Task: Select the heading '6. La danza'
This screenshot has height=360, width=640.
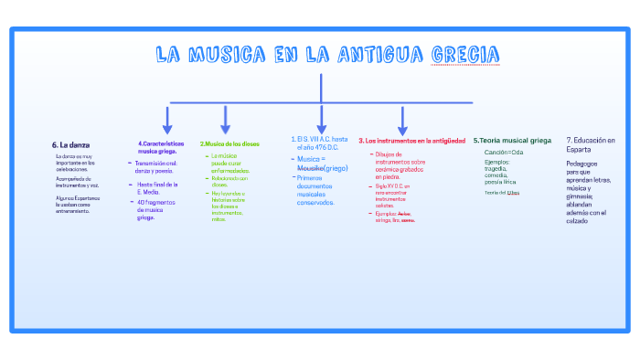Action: (70, 144)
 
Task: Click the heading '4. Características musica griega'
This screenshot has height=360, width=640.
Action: (161, 147)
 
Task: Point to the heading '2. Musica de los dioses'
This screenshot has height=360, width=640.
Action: (229, 143)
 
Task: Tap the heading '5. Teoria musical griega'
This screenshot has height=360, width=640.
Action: (512, 140)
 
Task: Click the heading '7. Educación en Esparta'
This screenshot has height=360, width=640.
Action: (591, 143)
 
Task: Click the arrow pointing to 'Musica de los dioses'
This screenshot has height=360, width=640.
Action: (225, 120)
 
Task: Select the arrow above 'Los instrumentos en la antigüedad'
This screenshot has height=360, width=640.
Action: (402, 120)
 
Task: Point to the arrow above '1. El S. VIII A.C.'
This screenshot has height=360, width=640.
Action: (321, 120)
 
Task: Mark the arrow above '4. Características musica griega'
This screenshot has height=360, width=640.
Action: (167, 120)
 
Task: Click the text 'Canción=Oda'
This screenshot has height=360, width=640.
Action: (504, 152)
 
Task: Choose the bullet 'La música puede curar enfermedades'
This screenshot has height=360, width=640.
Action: (229, 164)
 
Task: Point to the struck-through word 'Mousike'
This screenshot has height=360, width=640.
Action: (310, 168)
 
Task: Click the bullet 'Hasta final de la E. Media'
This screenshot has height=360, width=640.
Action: (156, 187)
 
